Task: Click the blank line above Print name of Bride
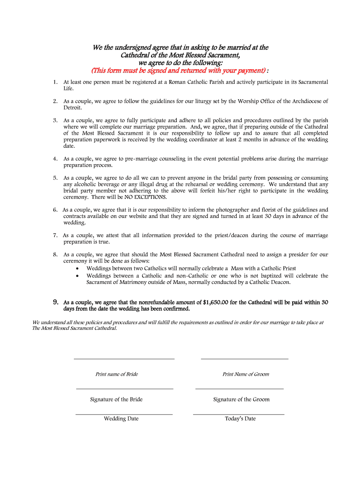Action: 124,358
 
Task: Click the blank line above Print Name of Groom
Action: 244,358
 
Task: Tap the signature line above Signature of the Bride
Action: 124,388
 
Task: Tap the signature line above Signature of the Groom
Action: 239,388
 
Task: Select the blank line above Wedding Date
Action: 124,414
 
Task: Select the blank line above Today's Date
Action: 238,414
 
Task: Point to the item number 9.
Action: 55,302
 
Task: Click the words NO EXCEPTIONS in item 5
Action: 145,197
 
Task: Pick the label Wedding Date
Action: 121,419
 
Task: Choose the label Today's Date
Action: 240,419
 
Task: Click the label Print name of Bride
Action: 116,374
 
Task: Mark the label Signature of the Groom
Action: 241,399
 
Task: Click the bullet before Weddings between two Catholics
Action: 78,269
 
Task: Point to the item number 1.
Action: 55,82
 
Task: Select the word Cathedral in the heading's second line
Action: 137,55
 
